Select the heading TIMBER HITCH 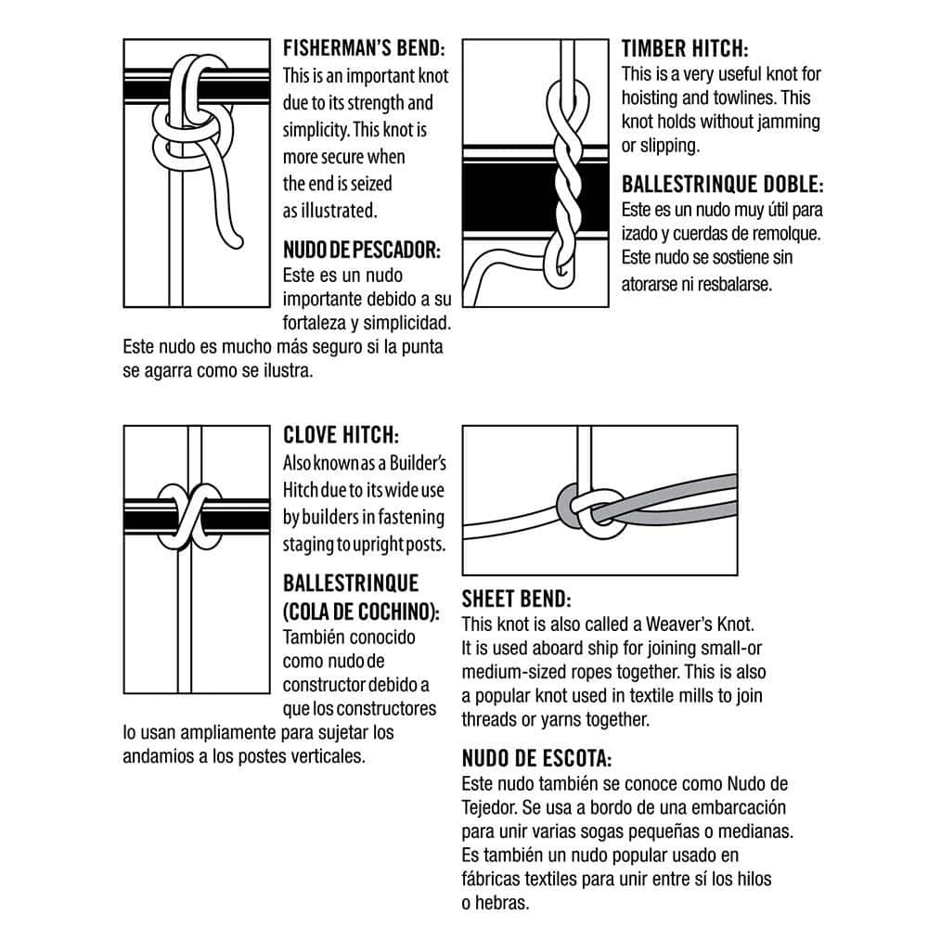tap(685, 48)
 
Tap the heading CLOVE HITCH tap(341, 435)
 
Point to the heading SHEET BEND tap(516, 599)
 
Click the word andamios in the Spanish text tap(158, 755)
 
